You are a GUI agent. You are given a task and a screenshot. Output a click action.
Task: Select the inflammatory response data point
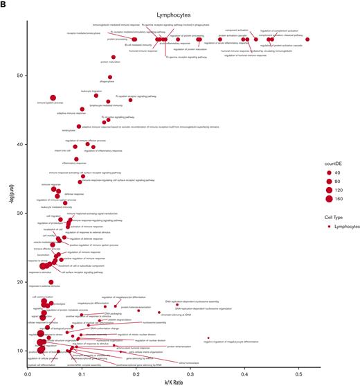click(x=77, y=159)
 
